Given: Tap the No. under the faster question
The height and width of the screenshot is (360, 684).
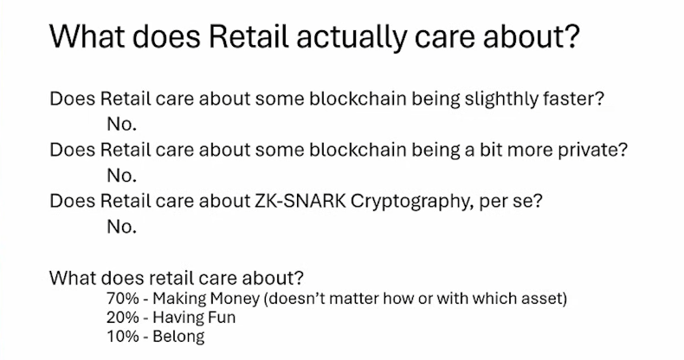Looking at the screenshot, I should tap(122, 125).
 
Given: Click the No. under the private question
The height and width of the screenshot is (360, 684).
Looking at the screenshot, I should tap(122, 176).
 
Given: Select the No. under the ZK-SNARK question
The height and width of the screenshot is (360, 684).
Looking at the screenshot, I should tap(122, 227).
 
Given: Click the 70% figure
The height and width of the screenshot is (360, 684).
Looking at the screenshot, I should tap(123, 299).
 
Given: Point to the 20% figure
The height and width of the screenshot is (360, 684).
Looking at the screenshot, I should tap(123, 318).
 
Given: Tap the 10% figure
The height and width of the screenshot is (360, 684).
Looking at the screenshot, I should tap(123, 336).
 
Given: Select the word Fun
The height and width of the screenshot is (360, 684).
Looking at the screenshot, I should tap(220, 318).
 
